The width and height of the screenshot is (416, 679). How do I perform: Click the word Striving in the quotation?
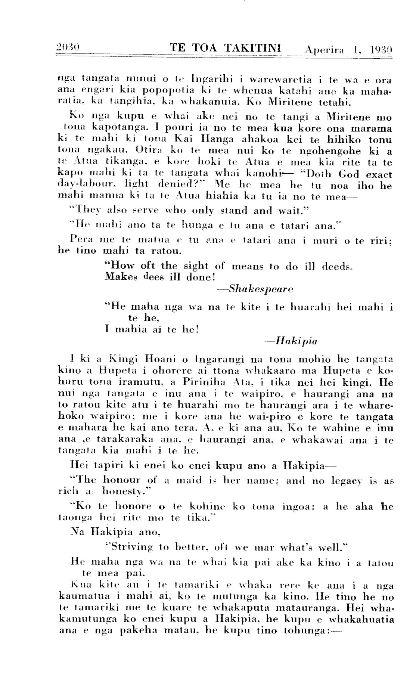(x=130, y=548)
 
